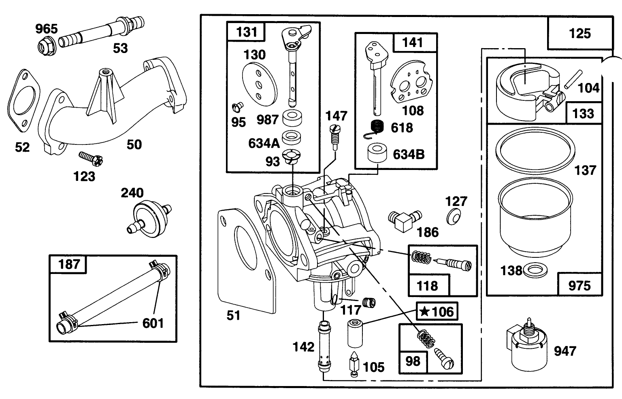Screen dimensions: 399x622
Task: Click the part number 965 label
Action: coord(46,29)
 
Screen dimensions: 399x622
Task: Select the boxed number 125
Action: coord(580,33)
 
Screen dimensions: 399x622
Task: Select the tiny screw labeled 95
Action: coord(237,107)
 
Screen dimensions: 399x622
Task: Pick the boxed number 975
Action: coord(579,286)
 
